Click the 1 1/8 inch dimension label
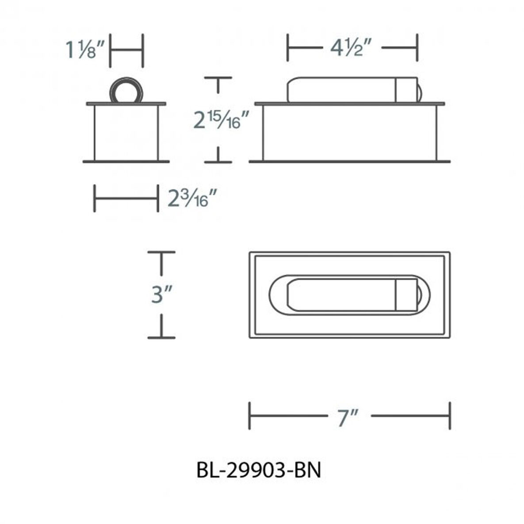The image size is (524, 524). click(x=86, y=50)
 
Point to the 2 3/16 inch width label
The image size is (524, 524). click(x=194, y=199)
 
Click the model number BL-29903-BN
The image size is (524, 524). click(x=259, y=470)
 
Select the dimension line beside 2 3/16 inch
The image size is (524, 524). click(x=126, y=199)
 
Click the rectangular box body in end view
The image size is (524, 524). click(x=126, y=133)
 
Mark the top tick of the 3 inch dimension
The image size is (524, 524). click(x=161, y=253)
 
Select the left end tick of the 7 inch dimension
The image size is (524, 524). click(x=250, y=416)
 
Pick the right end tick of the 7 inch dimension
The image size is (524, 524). click(x=450, y=416)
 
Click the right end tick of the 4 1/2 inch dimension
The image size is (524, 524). click(x=417, y=48)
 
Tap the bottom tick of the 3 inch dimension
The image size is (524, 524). click(x=161, y=337)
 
